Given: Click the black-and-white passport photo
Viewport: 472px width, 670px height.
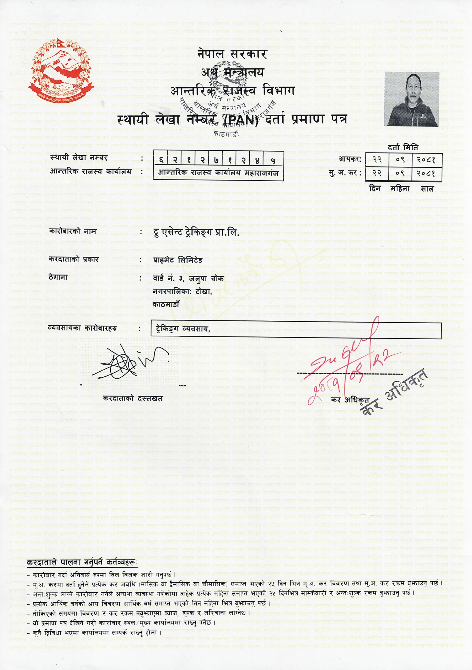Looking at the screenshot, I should (x=412, y=99).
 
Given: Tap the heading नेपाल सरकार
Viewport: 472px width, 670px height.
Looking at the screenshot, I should (x=232, y=54).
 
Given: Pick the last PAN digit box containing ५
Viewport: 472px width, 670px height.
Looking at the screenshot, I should (x=273, y=160).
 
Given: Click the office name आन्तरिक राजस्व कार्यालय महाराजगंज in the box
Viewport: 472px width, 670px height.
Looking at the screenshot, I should (x=218, y=173).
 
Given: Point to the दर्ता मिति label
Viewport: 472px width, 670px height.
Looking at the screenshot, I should (x=403, y=148).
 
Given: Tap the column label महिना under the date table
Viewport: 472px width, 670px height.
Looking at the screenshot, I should (x=400, y=189).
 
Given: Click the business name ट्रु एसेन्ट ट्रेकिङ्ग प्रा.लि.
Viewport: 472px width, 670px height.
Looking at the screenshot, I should (x=196, y=232).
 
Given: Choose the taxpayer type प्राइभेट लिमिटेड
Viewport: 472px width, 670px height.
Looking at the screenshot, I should (x=178, y=260).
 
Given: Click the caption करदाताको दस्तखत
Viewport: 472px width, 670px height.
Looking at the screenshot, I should (x=133, y=398).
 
